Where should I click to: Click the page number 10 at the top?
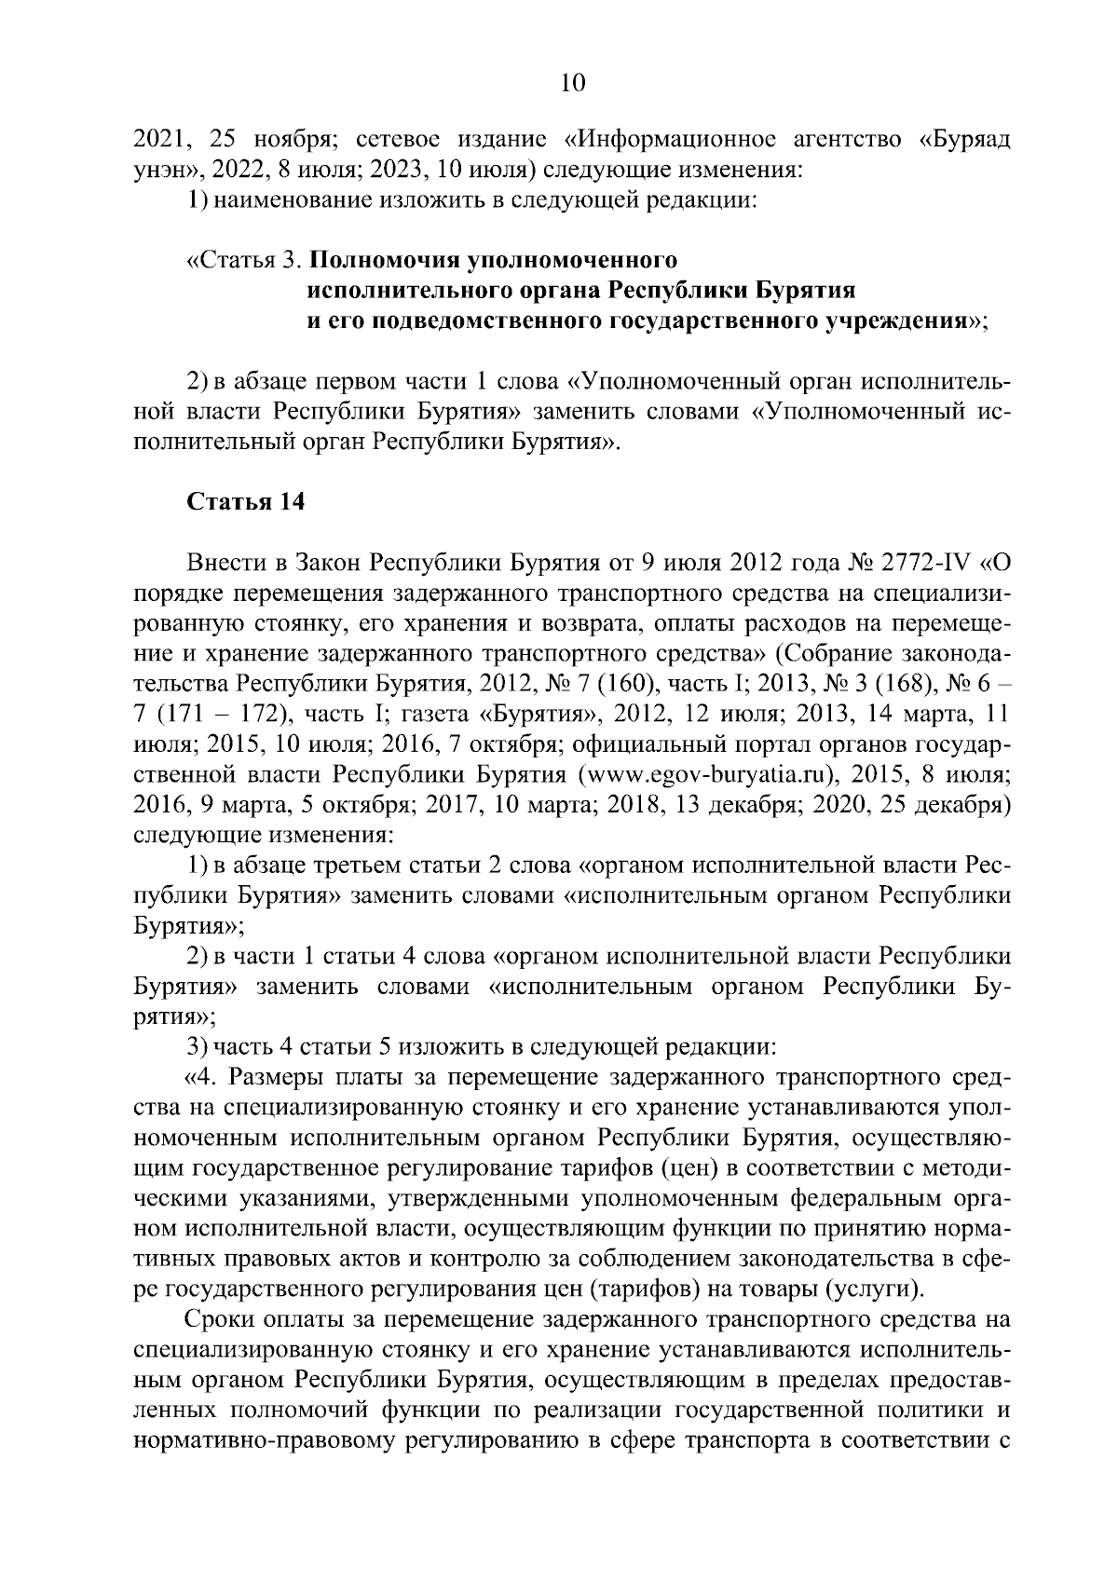click(571, 84)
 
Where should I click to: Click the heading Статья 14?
click(246, 502)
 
